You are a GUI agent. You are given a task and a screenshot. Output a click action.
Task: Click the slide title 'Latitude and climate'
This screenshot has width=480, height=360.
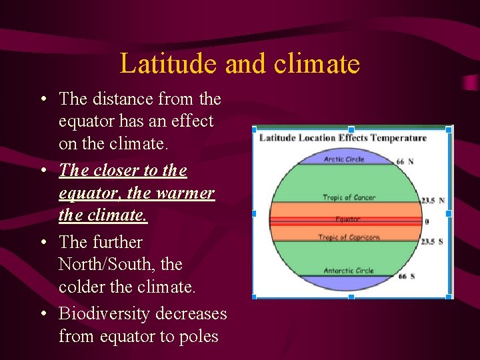pyautogui.click(x=239, y=64)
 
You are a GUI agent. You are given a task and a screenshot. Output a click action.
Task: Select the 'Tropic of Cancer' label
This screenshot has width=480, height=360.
pyautogui.click(x=349, y=197)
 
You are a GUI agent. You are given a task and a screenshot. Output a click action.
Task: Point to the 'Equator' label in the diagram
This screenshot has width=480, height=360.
pyautogui.click(x=348, y=219)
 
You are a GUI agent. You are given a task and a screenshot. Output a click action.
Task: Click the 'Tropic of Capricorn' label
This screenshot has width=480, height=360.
pyautogui.click(x=349, y=237)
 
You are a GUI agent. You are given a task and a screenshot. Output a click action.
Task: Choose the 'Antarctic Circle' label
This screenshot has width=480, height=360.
pyautogui.click(x=349, y=271)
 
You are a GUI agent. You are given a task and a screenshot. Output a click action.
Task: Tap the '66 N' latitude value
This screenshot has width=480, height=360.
pyautogui.click(x=405, y=161)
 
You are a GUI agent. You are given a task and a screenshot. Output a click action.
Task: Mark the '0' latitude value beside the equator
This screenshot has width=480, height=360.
pyautogui.click(x=427, y=221)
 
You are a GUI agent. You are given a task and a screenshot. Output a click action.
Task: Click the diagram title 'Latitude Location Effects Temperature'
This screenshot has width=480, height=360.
pyautogui.click(x=343, y=138)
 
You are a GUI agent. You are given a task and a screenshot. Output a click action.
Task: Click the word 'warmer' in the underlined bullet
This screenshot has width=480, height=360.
pyautogui.click(x=186, y=193)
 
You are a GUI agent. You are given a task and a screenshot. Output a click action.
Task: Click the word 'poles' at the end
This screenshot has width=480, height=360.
pyautogui.click(x=196, y=337)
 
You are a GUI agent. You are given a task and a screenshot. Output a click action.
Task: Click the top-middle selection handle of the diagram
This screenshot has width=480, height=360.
pyautogui.click(x=351, y=129)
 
